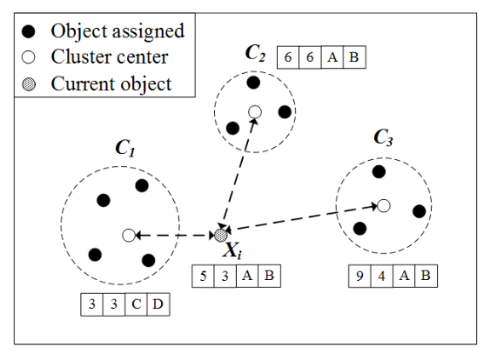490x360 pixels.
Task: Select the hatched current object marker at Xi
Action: pyautogui.click(x=221, y=235)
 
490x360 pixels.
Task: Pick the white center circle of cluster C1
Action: pyautogui.click(x=128, y=235)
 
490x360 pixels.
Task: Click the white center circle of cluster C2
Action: pyautogui.click(x=255, y=111)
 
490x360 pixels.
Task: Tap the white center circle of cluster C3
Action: pyautogui.click(x=383, y=205)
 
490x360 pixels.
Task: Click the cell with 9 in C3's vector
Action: pyautogui.click(x=359, y=277)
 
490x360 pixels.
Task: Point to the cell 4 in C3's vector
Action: pyautogui.click(x=380, y=277)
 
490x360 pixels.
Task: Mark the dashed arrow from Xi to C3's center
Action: pyautogui.click(x=300, y=220)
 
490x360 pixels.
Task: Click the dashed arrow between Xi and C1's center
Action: pyautogui.click(x=174, y=235)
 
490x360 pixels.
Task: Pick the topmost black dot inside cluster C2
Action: pyautogui.click(x=253, y=82)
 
